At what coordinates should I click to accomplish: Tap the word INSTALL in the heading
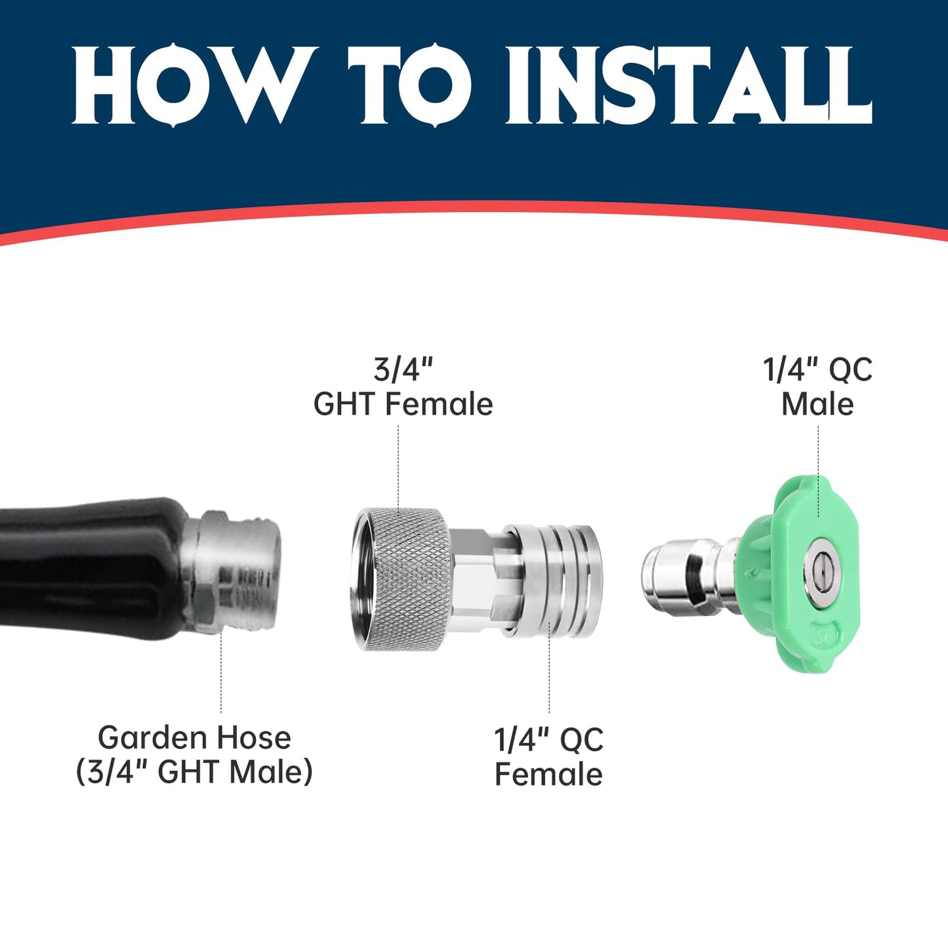click(689, 85)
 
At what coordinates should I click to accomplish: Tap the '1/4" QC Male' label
click(817, 387)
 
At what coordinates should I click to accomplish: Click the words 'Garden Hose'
click(194, 737)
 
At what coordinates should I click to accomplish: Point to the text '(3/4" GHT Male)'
click(194, 772)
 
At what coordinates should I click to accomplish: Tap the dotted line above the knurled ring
click(399, 466)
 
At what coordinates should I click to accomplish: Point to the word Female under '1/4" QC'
click(548, 774)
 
